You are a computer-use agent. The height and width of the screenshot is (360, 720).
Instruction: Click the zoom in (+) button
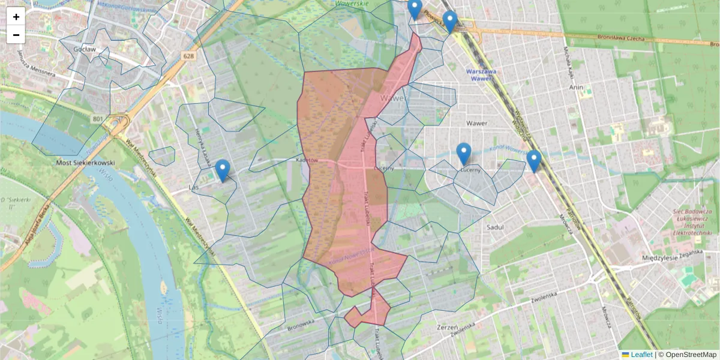[x=16, y=17]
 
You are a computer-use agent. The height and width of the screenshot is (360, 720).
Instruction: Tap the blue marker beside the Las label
[x=223, y=170]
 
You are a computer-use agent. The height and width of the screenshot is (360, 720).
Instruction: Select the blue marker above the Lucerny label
[x=463, y=154]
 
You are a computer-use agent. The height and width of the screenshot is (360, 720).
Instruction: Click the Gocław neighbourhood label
[x=85, y=49]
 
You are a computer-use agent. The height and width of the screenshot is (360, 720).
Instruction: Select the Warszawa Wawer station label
[x=482, y=74]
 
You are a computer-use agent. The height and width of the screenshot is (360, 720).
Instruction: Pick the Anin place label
[x=576, y=86]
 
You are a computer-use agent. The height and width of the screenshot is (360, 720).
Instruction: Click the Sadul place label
[x=495, y=227]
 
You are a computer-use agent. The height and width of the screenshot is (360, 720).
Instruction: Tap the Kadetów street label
[x=307, y=160]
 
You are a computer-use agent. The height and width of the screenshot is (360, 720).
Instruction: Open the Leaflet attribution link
[x=641, y=355]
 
